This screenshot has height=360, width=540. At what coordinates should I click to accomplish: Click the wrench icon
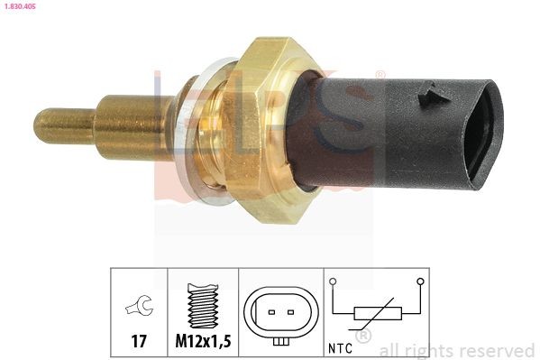pos(139,307)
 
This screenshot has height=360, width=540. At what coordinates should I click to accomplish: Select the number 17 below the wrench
pos(139,341)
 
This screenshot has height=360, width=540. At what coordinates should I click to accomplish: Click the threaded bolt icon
pos(203,304)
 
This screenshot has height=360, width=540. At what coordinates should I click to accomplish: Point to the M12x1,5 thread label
pos(203,341)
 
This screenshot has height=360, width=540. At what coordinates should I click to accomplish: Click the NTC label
pos(342,346)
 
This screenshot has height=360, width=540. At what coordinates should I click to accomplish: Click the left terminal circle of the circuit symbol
pos(334,282)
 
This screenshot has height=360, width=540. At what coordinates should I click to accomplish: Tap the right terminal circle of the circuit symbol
pos(420,282)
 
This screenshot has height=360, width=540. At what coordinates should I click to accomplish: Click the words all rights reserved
pos(457,350)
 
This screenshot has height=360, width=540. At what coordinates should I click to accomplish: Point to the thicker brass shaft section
pos(135,125)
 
